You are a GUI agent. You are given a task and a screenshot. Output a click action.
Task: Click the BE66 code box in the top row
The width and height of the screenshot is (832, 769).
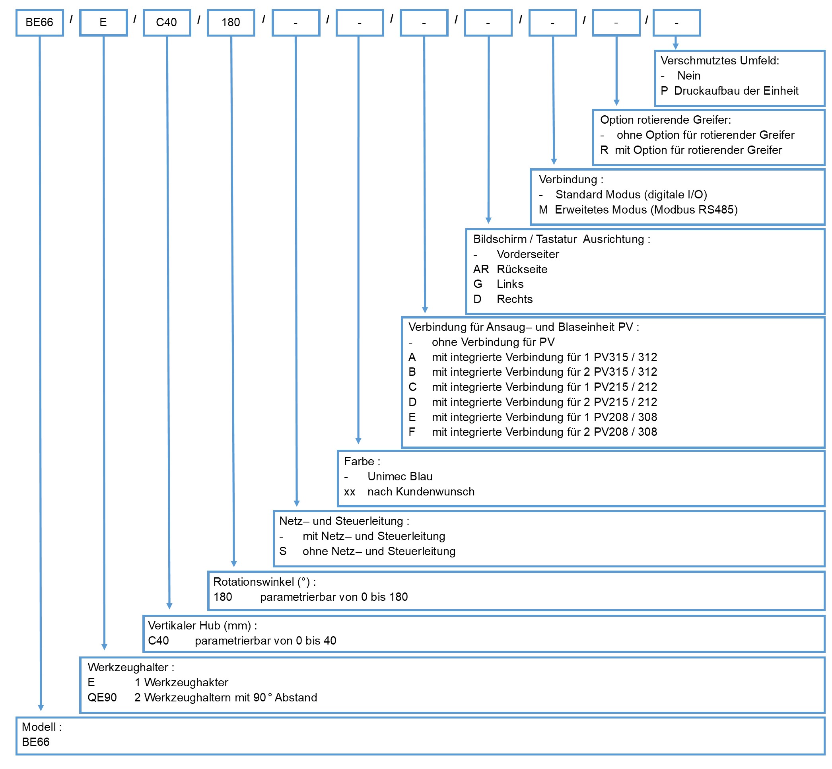[39, 23]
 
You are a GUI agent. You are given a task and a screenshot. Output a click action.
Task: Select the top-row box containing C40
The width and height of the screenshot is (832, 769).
[167, 23]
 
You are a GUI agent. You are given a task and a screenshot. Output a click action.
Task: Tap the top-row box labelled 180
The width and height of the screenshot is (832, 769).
[231, 23]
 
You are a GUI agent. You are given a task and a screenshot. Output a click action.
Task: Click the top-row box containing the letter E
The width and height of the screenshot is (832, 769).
[103, 23]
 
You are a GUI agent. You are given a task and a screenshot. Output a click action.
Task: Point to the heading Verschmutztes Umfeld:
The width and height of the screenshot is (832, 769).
[719, 61]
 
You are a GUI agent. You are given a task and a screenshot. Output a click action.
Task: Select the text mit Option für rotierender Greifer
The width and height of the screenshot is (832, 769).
[698, 150]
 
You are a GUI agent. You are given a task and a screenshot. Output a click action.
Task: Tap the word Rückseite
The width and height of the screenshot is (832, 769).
[522, 269]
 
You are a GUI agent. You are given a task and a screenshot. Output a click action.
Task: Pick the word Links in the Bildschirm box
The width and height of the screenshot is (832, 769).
[510, 284]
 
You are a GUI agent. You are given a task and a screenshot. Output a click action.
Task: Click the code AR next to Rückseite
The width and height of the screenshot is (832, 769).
[481, 269]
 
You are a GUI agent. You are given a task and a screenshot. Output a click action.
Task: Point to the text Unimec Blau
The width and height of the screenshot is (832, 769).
[400, 476]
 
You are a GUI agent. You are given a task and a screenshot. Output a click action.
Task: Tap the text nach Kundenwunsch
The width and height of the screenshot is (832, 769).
[421, 491]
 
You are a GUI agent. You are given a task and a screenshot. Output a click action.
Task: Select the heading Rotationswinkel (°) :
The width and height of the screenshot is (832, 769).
[265, 582]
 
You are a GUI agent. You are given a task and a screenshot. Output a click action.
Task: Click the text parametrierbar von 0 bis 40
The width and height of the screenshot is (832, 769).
[265, 641]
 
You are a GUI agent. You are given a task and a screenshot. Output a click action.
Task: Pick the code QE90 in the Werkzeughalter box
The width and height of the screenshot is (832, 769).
[102, 697]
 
